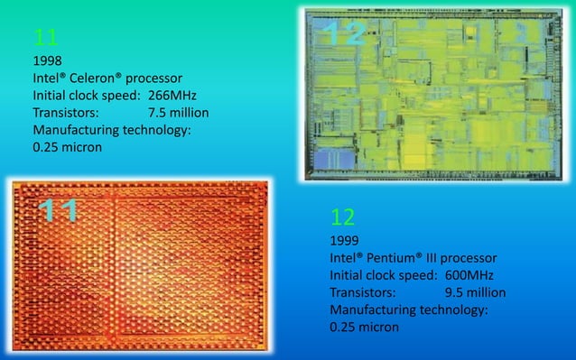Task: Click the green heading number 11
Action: pyautogui.click(x=46, y=38)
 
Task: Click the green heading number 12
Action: pyautogui.click(x=342, y=217)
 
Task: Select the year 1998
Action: pyautogui.click(x=48, y=60)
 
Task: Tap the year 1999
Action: pyautogui.click(x=346, y=241)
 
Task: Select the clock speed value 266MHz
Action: pyautogui.click(x=172, y=95)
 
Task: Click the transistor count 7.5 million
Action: pyautogui.click(x=178, y=113)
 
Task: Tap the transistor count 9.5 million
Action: pyautogui.click(x=475, y=292)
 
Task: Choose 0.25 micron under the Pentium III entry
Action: pyautogui.click(x=365, y=327)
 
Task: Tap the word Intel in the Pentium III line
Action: pyautogui.click(x=348, y=258)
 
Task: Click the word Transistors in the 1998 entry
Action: pyautogui.click(x=66, y=113)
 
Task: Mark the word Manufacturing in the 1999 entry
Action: pyautogui.click(x=371, y=309)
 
